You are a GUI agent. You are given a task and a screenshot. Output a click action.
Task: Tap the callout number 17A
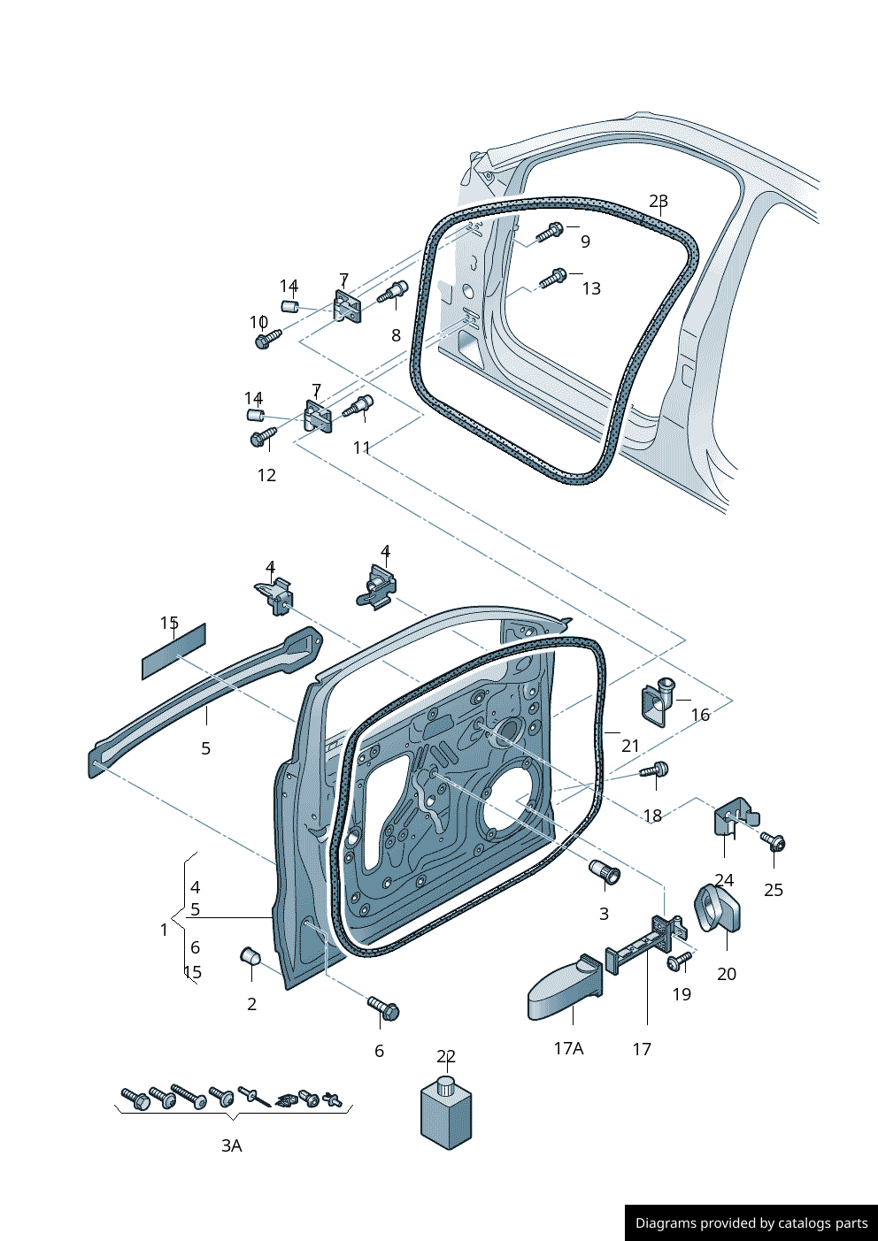point(568,1048)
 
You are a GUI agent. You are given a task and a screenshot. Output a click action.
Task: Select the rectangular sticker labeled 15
point(173,651)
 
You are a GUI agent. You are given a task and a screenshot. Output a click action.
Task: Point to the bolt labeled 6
point(384,1007)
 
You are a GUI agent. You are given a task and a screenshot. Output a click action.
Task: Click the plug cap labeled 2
point(250,956)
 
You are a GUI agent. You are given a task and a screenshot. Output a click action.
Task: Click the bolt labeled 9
point(550,233)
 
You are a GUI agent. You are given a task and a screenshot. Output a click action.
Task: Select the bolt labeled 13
point(553,279)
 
